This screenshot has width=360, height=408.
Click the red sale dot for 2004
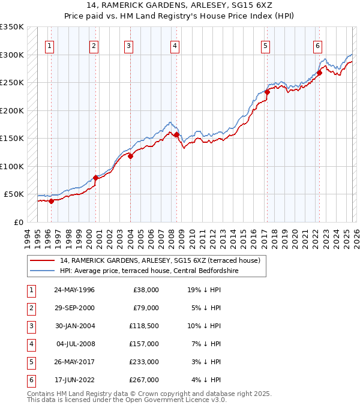130,156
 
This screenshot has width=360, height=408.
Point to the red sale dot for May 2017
267,92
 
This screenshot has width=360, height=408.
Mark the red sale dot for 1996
51,201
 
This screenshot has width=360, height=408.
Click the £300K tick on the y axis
12,55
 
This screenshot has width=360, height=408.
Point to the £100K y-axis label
12,166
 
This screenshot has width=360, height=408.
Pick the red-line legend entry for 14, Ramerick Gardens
160,260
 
